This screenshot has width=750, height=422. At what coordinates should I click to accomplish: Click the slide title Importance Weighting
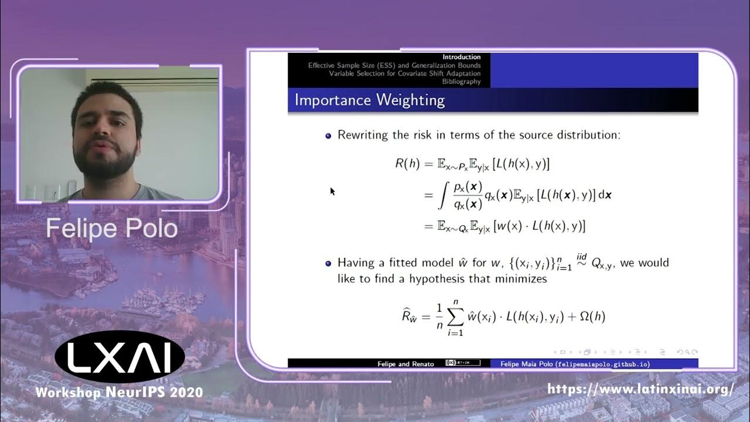coord(369,100)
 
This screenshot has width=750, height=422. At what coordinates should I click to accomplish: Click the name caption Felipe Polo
coord(111,229)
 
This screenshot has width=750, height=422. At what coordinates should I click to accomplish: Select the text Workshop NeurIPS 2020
coord(120,392)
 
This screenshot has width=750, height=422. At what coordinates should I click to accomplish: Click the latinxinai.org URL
coord(640,389)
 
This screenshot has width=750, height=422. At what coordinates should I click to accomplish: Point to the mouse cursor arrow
coord(332,190)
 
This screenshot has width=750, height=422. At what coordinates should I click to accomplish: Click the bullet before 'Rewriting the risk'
coord(328,135)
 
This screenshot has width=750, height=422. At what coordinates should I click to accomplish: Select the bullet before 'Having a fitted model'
coord(328,263)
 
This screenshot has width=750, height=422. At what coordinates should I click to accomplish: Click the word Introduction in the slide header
coord(462,57)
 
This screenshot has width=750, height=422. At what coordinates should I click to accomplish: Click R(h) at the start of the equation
coord(408,164)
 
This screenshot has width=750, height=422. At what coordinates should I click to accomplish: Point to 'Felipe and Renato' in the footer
coord(405,364)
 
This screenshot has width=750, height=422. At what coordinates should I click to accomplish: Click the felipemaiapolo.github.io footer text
coord(574,364)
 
